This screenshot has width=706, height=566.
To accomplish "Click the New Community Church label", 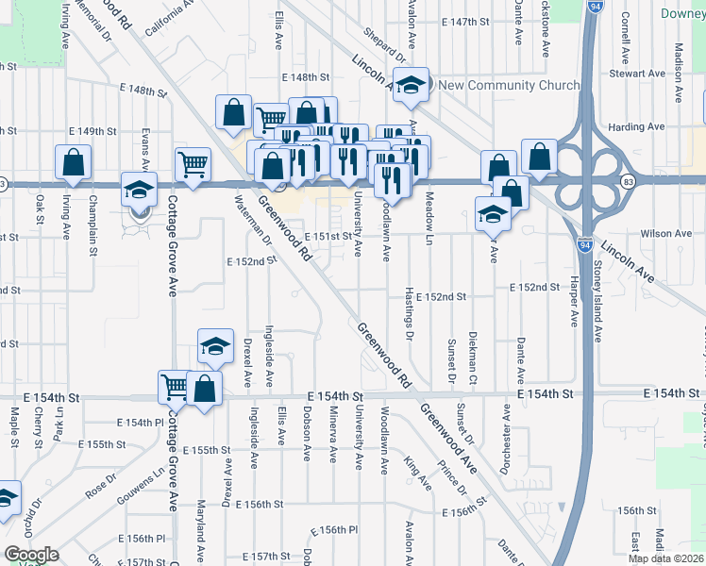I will coord(510,86).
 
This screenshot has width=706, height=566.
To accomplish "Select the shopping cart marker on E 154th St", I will coord(175,385).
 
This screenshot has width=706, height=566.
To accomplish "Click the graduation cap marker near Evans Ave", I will coord(139,191).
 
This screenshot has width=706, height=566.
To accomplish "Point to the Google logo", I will coord(30,555).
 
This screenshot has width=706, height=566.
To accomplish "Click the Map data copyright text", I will coord(665,558).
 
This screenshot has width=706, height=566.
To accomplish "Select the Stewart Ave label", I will coord(638,74).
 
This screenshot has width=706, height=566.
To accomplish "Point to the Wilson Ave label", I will coord(665,233).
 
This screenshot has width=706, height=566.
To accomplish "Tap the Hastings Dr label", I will coord(410,311).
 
